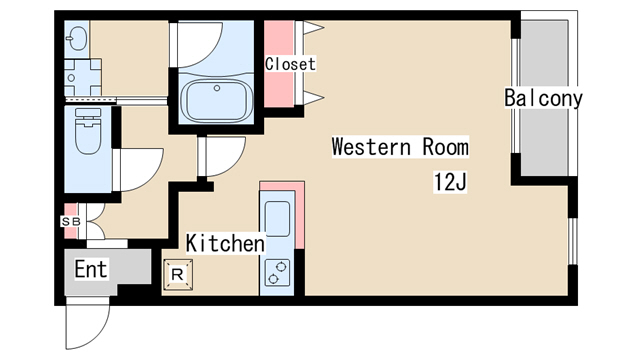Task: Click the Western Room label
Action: pyautogui.click(x=400, y=147)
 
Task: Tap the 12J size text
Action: pyautogui.click(x=450, y=182)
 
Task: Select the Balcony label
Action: pyautogui.click(x=543, y=98)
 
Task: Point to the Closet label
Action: pyautogui.click(x=290, y=64)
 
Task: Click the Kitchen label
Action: pyautogui.click(x=225, y=243)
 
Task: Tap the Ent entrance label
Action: pyautogui.click(x=91, y=269)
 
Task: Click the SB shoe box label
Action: pyautogui.click(x=71, y=222)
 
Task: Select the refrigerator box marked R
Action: pyautogui.click(x=178, y=275)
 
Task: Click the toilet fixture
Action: pyautogui.click(x=88, y=131)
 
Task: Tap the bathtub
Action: pyautogui.click(x=217, y=101)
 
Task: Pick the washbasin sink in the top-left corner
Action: pyautogui.click(x=77, y=39)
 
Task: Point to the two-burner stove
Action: pyautogui.click(x=277, y=273)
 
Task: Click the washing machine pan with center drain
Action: pyautogui.click(x=83, y=78)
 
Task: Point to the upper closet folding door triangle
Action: pyautogui.click(x=313, y=28)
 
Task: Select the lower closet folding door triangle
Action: pyautogui.click(x=313, y=98)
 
